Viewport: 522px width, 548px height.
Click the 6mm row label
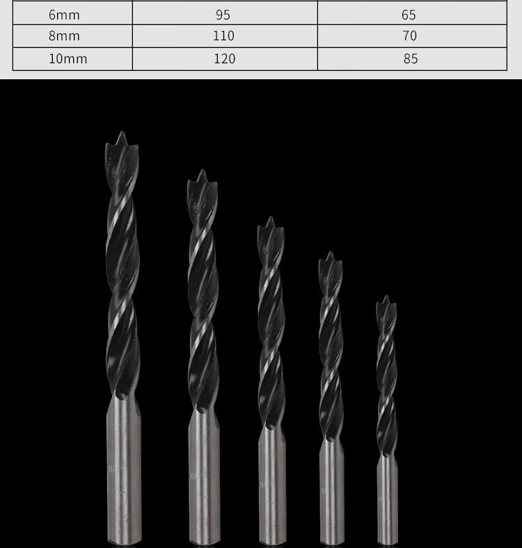64,15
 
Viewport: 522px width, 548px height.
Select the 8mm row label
64,35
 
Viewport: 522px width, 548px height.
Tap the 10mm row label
68,58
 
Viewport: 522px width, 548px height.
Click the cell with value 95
223,15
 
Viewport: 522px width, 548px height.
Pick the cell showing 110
223,35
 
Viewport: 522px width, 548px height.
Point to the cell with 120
224,58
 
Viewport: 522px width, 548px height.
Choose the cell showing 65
409,15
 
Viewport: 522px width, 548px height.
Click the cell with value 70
409,35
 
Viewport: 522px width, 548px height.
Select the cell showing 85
411,58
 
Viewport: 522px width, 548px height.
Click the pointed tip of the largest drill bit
122,131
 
